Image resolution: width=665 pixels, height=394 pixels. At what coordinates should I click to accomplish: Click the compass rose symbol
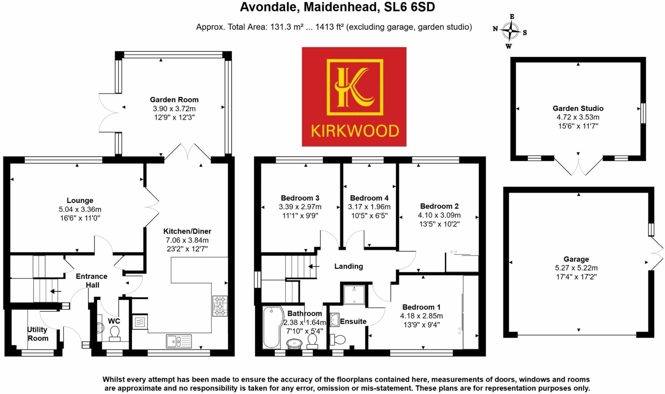[x=510, y=31]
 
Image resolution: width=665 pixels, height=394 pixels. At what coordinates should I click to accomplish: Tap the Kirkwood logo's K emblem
[x=355, y=87]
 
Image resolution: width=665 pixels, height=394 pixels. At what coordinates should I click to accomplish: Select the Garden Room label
[x=174, y=100]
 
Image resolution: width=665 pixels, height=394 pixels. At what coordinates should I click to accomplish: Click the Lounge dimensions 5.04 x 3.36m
[x=80, y=209]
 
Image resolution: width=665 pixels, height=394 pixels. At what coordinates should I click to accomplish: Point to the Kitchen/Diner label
[x=187, y=232]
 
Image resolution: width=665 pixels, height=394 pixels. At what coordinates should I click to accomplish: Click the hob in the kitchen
[x=220, y=306]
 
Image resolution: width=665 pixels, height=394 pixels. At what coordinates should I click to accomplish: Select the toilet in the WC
[x=115, y=333]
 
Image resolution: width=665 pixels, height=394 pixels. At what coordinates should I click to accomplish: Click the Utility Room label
[x=38, y=334]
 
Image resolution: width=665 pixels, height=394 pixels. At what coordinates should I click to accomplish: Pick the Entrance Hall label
[x=92, y=281]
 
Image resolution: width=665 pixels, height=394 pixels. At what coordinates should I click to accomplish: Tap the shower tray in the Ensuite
[x=354, y=294]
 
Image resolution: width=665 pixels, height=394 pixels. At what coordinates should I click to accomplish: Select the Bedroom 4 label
[x=369, y=198]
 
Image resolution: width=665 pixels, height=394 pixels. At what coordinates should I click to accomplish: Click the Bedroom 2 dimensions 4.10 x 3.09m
[x=439, y=215]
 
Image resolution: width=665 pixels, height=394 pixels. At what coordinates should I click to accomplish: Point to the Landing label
[x=349, y=267]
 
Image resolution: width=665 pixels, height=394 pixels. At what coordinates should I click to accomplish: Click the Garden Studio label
[x=578, y=109]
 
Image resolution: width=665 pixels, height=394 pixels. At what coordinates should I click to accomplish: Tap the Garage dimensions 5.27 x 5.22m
[x=576, y=268]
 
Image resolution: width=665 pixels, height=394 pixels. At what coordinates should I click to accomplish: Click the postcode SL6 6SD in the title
[x=409, y=7]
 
